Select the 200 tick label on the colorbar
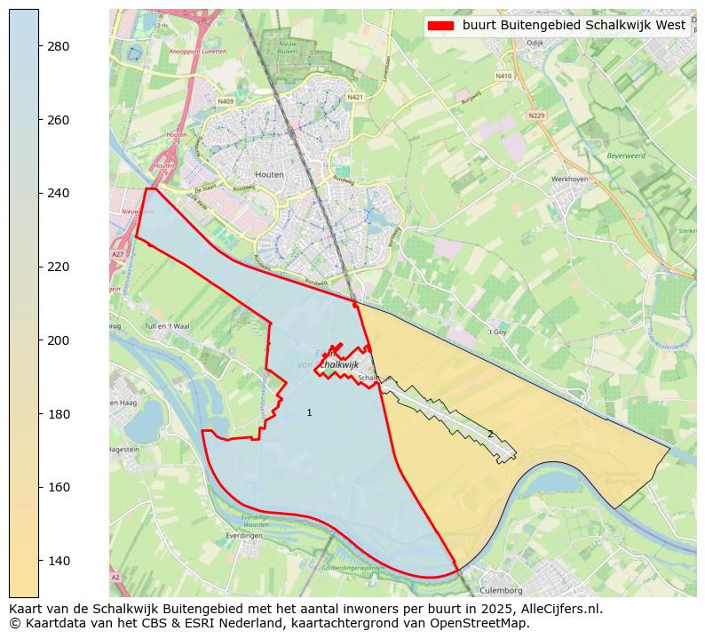pyautogui.click(x=59, y=340)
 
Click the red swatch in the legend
pyautogui.click(x=440, y=26)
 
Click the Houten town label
pyautogui.click(x=269, y=175)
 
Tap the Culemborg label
pyautogui.click(x=501, y=590)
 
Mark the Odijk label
pyautogui.click(x=535, y=43)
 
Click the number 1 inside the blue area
pyautogui.click(x=309, y=412)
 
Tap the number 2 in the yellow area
pyautogui.click(x=489, y=434)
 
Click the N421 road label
pyautogui.click(x=355, y=97)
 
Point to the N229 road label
pyautogui.click(x=536, y=116)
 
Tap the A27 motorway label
pyautogui.click(x=117, y=254)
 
